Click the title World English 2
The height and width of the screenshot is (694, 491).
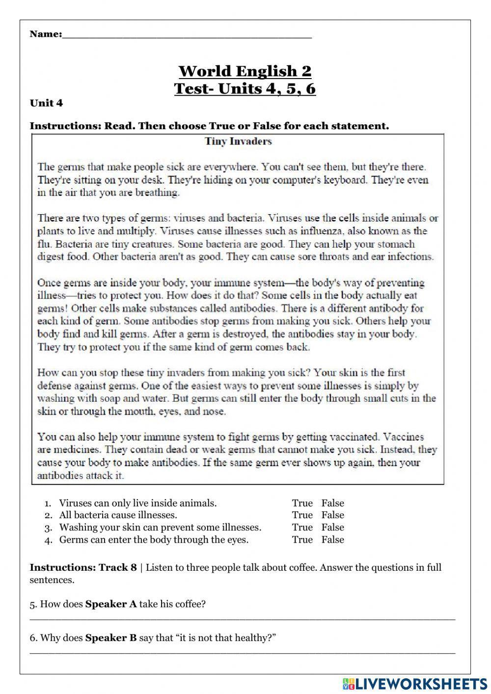click(245, 71)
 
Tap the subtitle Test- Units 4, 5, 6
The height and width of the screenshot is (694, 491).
click(245, 89)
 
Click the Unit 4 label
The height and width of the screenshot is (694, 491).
click(46, 103)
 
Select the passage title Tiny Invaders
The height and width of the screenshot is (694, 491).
click(238, 141)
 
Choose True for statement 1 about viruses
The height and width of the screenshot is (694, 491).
click(302, 503)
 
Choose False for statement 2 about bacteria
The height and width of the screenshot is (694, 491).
click(332, 515)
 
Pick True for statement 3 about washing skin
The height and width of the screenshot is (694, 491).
click(302, 527)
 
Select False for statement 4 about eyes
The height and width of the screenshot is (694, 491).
click(332, 540)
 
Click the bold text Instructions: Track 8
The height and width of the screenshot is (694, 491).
click(83, 568)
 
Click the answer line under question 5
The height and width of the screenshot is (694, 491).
click(243, 619)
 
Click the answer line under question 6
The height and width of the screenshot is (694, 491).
click(243, 653)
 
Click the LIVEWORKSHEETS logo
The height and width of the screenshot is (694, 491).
click(415, 683)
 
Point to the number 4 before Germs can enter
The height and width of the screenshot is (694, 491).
click(48, 540)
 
